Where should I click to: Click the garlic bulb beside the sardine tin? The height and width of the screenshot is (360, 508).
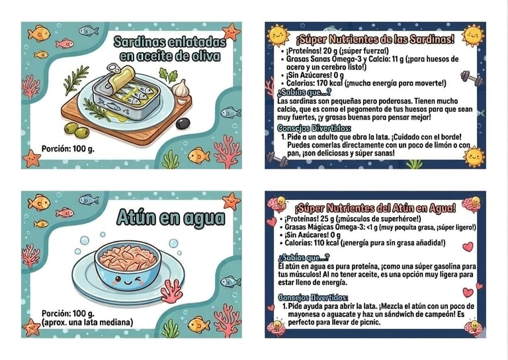point(181,89)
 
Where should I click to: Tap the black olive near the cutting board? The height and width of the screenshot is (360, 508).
point(183,124)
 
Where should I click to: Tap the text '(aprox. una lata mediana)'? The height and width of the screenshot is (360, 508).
point(87,322)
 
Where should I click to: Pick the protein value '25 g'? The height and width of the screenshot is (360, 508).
point(327,219)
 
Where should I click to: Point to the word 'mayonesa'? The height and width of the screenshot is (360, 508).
point(302,314)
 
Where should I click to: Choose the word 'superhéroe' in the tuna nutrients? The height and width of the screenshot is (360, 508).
point(401,219)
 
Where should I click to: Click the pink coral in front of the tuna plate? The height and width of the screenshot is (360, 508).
point(171,291)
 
